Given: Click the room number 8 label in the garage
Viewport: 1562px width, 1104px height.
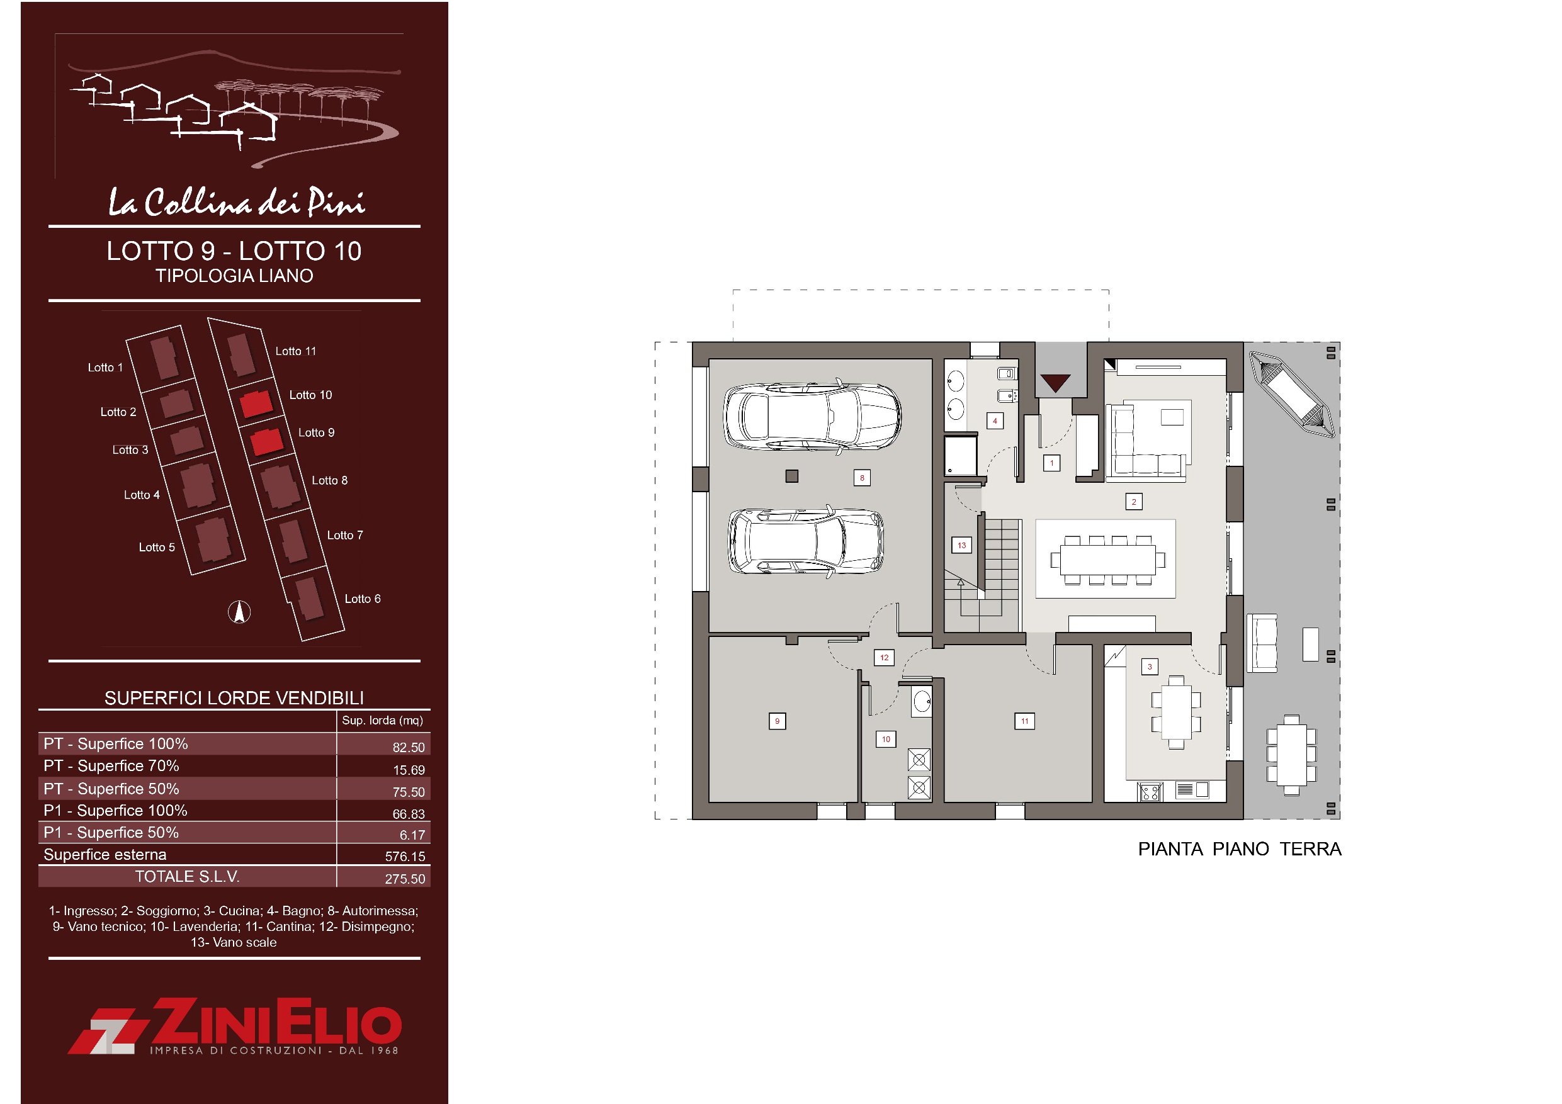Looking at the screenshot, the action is tap(862, 478).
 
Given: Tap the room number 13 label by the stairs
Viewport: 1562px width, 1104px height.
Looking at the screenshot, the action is tap(961, 545).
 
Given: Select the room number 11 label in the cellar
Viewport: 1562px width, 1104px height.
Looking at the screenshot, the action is tap(1024, 721).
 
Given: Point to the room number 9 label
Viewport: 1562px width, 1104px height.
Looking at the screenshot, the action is tap(777, 721).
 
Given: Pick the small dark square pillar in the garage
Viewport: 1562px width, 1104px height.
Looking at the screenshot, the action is tap(792, 476).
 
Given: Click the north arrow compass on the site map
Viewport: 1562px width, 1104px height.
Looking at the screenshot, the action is tap(239, 612).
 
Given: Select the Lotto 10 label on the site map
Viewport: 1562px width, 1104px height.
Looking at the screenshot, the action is tap(310, 395).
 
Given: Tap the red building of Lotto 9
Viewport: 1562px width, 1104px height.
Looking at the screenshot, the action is tap(266, 442).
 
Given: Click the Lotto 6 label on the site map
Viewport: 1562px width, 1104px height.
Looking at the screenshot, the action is tap(363, 599).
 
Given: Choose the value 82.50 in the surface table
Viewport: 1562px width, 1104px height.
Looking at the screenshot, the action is tap(408, 747).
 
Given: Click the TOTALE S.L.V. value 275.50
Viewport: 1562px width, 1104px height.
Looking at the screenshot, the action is tap(405, 879).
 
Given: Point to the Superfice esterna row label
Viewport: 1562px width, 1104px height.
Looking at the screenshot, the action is tap(105, 854).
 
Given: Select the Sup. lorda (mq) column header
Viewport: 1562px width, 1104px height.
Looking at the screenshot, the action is tap(382, 720).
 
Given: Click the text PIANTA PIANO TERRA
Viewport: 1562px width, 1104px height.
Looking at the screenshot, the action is tap(1240, 849).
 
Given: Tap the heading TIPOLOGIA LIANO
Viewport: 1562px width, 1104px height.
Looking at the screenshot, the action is tap(234, 276).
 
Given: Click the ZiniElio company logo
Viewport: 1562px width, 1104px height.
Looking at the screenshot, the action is tap(235, 1027).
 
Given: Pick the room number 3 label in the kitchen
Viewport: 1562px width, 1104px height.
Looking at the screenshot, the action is tap(1150, 667).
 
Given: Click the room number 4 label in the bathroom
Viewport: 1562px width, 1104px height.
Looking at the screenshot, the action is tap(995, 420).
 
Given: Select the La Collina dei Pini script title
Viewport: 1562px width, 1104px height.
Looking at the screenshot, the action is tap(237, 201).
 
